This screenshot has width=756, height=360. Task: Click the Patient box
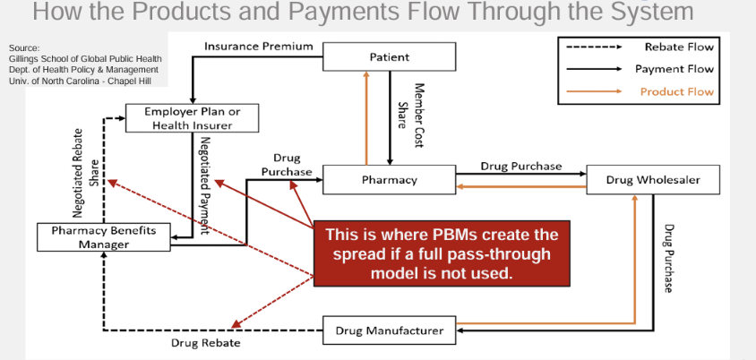[x=390, y=57]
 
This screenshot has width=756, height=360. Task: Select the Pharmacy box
[x=390, y=180]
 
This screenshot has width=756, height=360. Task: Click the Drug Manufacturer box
[x=390, y=330]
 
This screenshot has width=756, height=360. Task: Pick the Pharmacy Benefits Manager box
[x=104, y=237]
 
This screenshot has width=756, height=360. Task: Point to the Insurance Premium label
[x=259, y=46]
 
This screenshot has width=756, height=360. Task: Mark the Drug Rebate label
[x=205, y=343]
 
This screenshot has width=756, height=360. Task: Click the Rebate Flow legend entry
[x=679, y=47]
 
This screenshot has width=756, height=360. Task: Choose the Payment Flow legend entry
[x=674, y=69]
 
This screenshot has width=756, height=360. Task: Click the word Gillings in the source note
[x=22, y=58]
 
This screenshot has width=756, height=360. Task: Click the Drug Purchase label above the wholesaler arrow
[x=521, y=166]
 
